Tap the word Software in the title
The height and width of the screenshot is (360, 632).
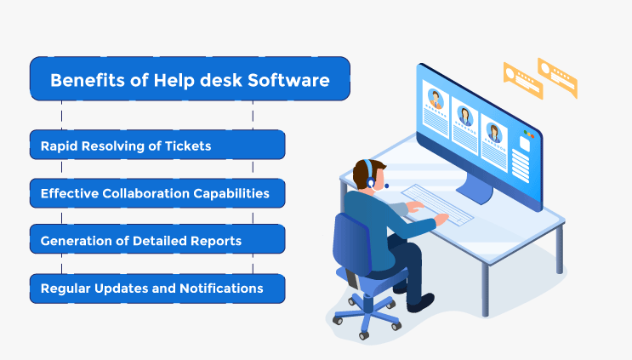pyautogui.click(x=288, y=80)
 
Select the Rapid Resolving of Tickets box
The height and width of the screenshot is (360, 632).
pyautogui.click(x=157, y=145)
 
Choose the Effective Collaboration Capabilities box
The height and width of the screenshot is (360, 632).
pyautogui.click(x=157, y=193)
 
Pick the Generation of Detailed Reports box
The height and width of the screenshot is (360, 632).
pyautogui.click(x=157, y=239)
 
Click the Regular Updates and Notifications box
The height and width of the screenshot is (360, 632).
pyautogui.click(x=157, y=289)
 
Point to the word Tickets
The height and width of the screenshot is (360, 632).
pyautogui.click(x=188, y=146)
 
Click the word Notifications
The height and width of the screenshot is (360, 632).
pyautogui.click(x=221, y=289)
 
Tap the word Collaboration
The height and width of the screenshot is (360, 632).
pyautogui.click(x=146, y=193)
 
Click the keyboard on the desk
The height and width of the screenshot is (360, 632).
pyautogui.click(x=438, y=204)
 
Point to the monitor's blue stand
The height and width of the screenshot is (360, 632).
pyautogui.click(x=476, y=188)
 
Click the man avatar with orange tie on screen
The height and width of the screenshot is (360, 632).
pyautogui.click(x=436, y=99)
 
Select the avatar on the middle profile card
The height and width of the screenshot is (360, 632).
pyautogui.click(x=464, y=116)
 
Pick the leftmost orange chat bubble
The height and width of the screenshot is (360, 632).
pyautogui.click(x=523, y=80)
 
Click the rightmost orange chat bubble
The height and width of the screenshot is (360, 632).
pyautogui.click(x=557, y=77)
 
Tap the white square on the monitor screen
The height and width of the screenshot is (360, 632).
pyautogui.click(x=524, y=144)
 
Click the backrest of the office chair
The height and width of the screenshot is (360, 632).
pyautogui.click(x=351, y=243)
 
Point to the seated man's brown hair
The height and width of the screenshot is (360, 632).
pyautogui.click(x=366, y=172)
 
